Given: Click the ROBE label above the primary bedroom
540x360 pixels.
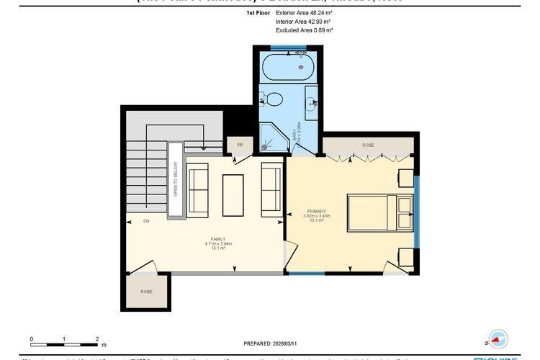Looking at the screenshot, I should pos(368,145).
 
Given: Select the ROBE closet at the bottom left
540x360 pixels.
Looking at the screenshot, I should pos(147,292).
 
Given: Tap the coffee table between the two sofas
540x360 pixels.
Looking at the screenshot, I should pos(233,194).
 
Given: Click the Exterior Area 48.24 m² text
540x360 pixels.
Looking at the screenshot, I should pos(303,13).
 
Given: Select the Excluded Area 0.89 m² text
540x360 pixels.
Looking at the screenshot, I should pos(304,30).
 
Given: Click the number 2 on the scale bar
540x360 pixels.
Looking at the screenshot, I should pos(96,338).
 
